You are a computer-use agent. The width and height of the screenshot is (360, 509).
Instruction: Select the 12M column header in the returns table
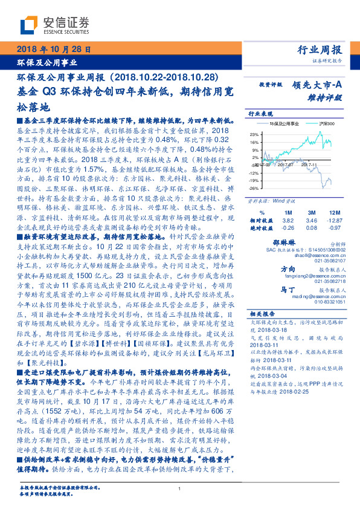(x=333, y=213)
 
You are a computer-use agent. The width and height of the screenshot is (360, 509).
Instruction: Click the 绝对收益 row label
(x=257, y=227)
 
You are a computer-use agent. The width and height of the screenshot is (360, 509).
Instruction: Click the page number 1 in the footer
(x=180, y=490)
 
